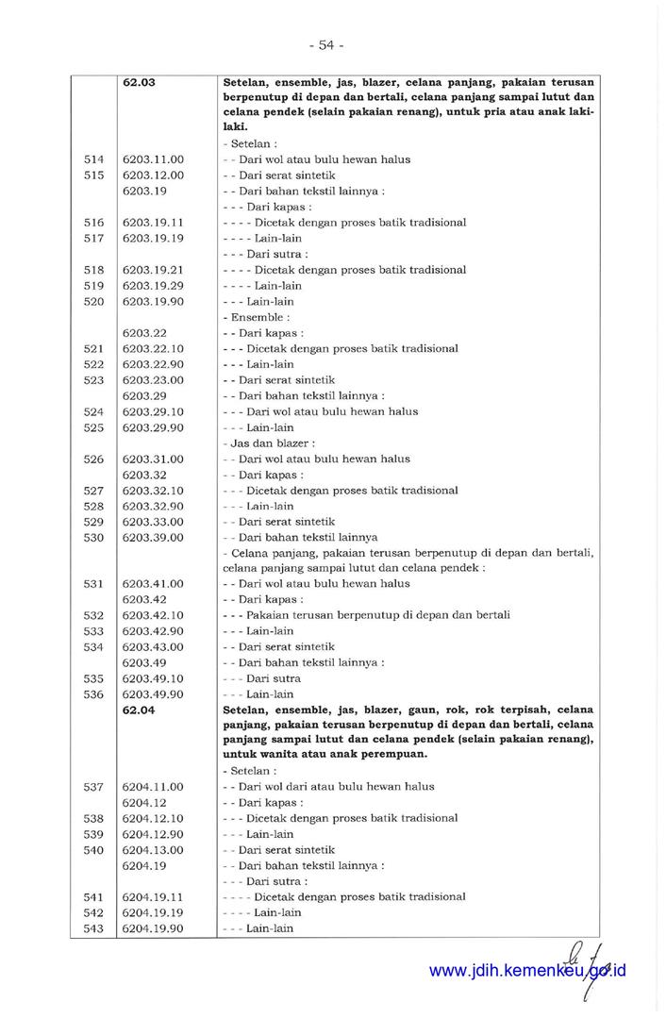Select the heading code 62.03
pyautogui.click(x=140, y=82)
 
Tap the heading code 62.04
pyautogui.click(x=140, y=710)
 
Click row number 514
pyautogui.click(x=93, y=159)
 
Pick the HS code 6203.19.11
pyautogui.click(x=153, y=223)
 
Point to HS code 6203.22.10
pyautogui.click(x=153, y=348)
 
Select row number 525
pyautogui.click(x=93, y=427)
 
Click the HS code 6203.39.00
pyautogui.click(x=153, y=538)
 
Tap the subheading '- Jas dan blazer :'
pyautogui.click(x=269, y=443)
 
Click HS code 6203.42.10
pyautogui.click(x=153, y=615)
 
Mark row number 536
pyautogui.click(x=93, y=694)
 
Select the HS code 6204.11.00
pyautogui.click(x=153, y=787)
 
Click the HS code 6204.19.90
pyautogui.click(x=153, y=928)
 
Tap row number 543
pyautogui.click(x=93, y=928)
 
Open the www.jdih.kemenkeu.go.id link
pyautogui.click(x=527, y=971)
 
